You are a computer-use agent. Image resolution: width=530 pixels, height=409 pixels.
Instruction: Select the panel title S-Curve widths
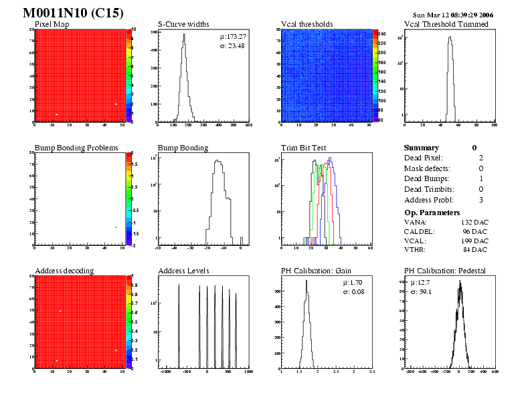click(x=184, y=25)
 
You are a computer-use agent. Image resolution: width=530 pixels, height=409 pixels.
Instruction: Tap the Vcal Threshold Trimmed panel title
click(x=446, y=25)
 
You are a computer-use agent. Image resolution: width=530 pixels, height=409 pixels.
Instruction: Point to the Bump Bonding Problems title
click(x=76, y=148)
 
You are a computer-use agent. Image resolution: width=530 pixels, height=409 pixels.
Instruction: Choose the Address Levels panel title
click(x=184, y=271)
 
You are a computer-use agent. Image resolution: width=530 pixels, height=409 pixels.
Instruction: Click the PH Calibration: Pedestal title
click(x=445, y=271)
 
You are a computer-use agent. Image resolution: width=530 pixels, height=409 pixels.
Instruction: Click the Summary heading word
click(x=422, y=148)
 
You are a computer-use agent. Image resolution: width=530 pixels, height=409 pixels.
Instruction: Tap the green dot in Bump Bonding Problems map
click(x=116, y=227)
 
